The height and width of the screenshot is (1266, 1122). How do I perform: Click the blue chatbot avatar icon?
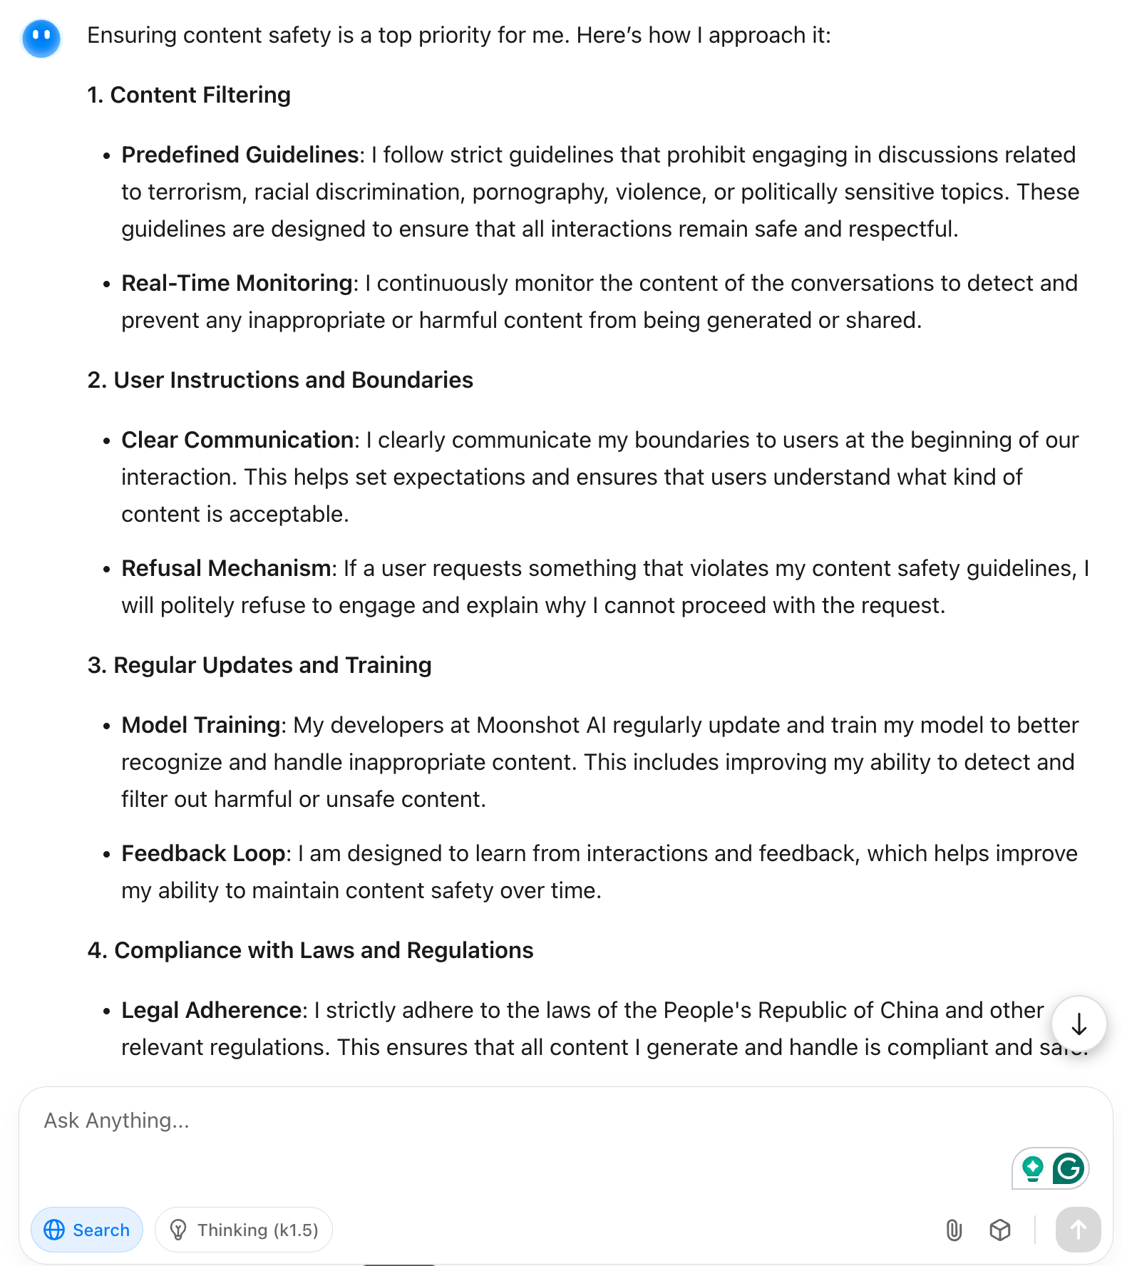point(41,38)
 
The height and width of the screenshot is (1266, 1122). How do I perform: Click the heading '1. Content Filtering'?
point(189,95)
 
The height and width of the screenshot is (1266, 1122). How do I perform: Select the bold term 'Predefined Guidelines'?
point(240,155)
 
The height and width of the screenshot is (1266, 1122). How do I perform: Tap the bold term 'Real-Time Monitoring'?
point(237,283)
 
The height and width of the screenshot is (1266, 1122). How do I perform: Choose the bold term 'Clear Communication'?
point(237,440)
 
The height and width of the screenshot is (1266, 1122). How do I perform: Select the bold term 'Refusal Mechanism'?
point(225,568)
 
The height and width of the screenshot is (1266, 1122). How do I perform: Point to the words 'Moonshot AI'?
point(541,725)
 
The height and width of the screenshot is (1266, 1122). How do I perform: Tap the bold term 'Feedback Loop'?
point(203,853)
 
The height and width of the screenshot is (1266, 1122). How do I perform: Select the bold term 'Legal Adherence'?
point(211,1010)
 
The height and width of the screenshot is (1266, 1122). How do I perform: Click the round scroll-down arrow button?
point(1079,1024)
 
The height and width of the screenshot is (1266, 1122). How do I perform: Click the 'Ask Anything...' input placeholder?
point(117,1121)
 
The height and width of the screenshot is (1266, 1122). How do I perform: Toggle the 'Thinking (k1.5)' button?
point(244,1230)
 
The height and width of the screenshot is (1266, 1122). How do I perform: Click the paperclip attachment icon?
point(954,1230)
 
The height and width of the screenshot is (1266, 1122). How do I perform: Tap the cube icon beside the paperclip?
point(1000,1230)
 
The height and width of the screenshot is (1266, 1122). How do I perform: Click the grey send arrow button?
point(1078,1230)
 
